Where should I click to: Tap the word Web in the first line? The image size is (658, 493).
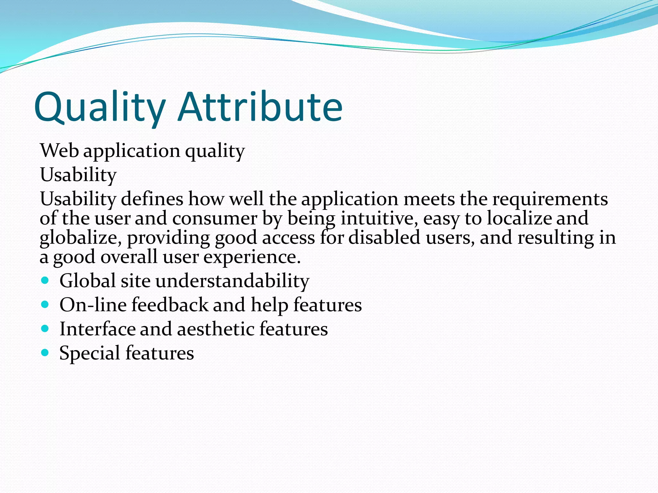pyautogui.click(x=59, y=151)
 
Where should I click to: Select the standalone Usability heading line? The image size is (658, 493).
pyautogui.click(x=78, y=175)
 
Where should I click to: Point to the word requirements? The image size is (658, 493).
pyautogui.click(x=550, y=199)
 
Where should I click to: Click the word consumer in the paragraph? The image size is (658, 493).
pyautogui.click(x=214, y=219)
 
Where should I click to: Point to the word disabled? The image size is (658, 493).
pyautogui.click(x=384, y=238)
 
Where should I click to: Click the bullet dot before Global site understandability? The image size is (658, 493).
pyautogui.click(x=45, y=281)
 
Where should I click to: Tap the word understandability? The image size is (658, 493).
pyautogui.click(x=232, y=281)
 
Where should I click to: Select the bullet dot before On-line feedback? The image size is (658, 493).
pyautogui.click(x=45, y=305)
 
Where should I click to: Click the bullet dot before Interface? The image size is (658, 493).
pyautogui.click(x=45, y=329)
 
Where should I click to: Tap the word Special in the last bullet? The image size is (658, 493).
pyautogui.click(x=90, y=353)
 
